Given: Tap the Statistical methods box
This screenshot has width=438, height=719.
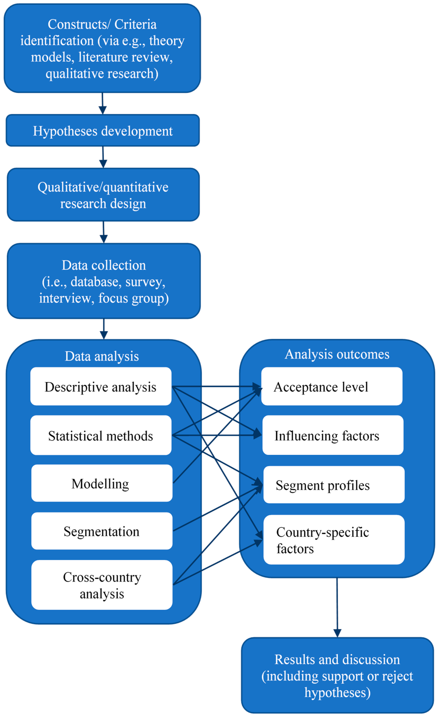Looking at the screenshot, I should [101, 435].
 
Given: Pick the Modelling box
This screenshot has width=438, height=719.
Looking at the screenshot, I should [102, 483].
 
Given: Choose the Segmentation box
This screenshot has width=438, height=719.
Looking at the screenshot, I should [102, 531].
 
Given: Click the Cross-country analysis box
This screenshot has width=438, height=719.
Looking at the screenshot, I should [102, 585].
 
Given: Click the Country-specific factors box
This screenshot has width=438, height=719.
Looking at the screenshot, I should [334, 540].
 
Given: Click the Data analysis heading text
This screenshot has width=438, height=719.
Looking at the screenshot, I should [102, 356].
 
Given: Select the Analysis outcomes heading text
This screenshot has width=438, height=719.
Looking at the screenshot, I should [337, 354].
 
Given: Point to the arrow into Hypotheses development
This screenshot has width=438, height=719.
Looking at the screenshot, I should [102, 103].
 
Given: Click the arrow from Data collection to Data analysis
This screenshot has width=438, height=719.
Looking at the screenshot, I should [104, 329].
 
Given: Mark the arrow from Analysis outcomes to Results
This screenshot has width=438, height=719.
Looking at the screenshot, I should [337, 607].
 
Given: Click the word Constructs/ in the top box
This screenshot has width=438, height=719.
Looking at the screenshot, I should [79, 24].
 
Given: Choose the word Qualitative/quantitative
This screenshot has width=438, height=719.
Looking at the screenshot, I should [103, 187].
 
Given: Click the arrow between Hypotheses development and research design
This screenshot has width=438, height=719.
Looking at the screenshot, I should [103, 157].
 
